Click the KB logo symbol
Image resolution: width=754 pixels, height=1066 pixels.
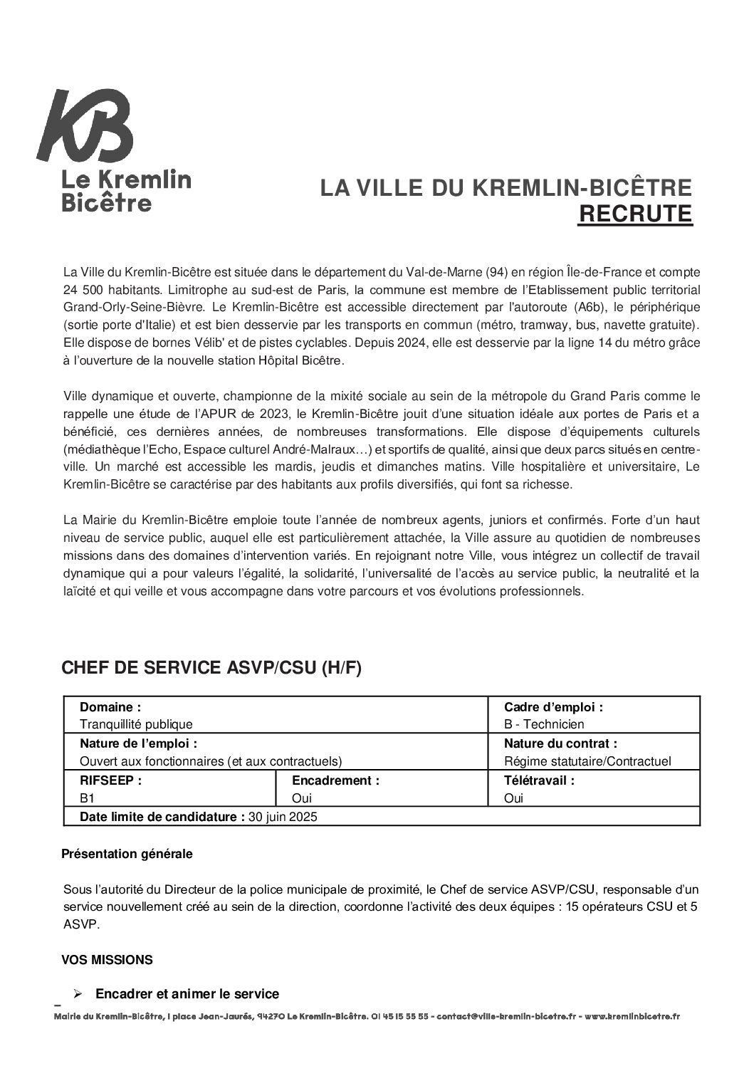coord(85,126)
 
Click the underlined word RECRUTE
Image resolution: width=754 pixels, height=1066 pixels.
coord(634,214)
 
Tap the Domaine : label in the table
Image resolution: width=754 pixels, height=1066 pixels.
coord(110,707)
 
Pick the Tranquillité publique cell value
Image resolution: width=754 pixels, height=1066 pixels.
coord(136,724)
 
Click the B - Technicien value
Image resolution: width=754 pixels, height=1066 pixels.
coord(544,724)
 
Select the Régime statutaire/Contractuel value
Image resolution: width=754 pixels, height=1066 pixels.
coord(587,761)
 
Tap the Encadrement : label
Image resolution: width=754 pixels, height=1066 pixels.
coord(335,780)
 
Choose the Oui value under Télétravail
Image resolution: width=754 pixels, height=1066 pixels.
coord(513,798)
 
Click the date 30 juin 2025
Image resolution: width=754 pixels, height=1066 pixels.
coord(283,817)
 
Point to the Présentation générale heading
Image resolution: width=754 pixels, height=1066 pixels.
coord(127,853)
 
